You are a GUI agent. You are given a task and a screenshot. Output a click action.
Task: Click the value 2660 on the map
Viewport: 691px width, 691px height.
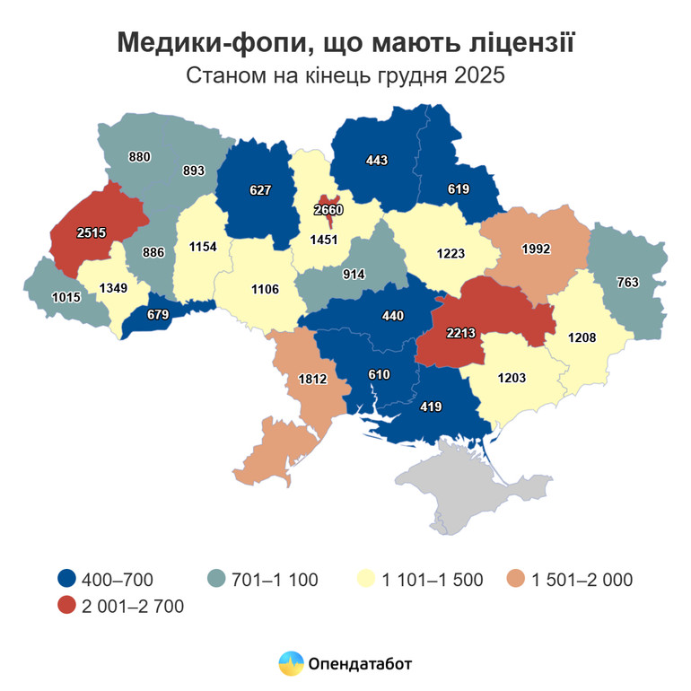tap(329, 210)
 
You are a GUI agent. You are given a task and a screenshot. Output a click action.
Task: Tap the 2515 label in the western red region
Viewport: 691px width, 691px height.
tap(92, 232)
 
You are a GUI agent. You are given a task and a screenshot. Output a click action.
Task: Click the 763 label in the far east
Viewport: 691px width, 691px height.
tap(627, 282)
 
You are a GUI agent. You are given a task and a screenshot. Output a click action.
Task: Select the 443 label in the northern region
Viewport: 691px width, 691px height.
tap(377, 161)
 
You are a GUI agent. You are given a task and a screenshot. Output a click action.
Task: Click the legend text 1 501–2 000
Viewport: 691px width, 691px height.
tap(581, 579)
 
